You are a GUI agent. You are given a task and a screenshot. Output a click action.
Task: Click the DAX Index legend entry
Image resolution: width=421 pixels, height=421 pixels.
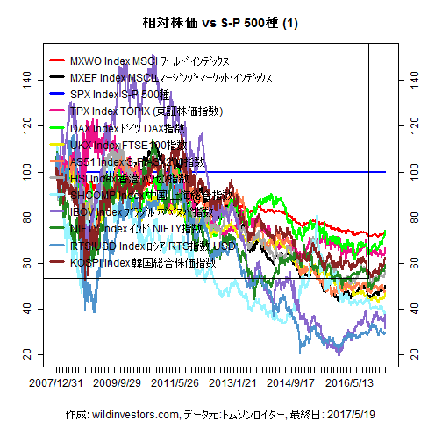pyautogui.click(x=132, y=128)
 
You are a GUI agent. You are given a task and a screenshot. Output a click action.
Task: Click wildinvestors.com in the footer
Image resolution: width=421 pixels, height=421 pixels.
pyautogui.click(x=133, y=411)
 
